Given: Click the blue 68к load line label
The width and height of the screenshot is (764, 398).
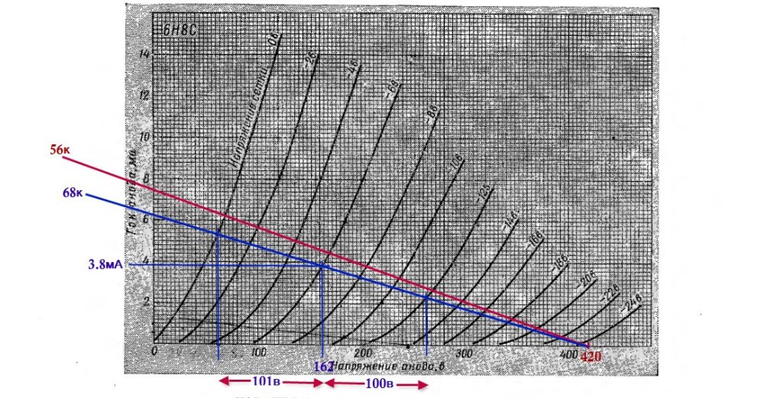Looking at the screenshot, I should pos(74,193).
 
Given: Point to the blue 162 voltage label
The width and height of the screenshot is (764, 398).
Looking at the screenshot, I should pos(323,367).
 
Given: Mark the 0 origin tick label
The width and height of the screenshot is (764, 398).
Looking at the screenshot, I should pos(154,351).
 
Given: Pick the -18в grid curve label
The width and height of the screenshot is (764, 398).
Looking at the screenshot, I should pos(562,262).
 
